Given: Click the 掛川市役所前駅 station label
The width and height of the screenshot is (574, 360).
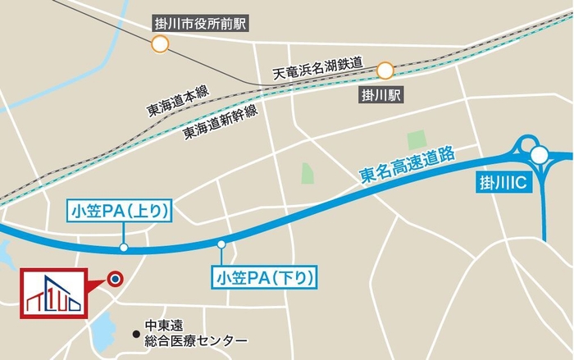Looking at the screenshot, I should point(202,24).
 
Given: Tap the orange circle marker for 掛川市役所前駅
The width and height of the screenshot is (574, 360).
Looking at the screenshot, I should point(160,45).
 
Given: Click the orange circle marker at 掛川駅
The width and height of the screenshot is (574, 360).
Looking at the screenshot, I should point(385,71).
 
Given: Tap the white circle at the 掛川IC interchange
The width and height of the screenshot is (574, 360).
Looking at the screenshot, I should point(539,155).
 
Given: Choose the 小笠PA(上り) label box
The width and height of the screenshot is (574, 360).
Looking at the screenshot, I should point(120,212).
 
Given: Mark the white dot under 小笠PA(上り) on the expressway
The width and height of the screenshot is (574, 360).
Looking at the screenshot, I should point(123,246).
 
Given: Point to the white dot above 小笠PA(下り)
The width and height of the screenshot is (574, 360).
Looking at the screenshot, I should point(221,244).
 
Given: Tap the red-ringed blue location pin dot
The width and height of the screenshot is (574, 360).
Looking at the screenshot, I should point(116,279).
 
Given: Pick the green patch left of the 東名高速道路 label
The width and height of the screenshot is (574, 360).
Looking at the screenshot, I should point(307,173).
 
